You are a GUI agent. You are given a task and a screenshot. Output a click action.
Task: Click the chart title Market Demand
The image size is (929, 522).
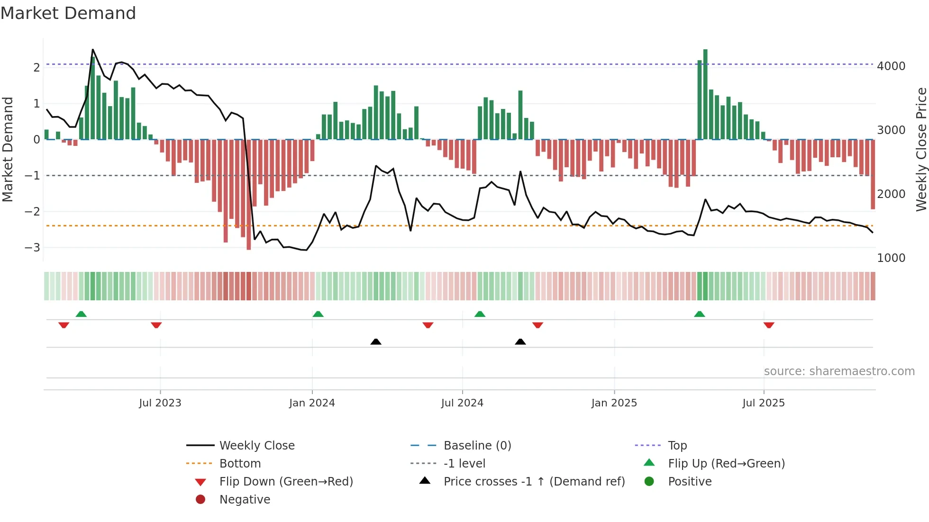click(x=68, y=13)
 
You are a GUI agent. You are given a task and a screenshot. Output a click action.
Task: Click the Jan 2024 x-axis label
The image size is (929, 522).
click(x=312, y=403)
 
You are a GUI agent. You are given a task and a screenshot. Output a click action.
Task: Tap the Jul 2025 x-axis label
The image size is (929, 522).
click(x=763, y=403)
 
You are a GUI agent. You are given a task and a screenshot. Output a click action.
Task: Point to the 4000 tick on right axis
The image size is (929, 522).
click(x=891, y=66)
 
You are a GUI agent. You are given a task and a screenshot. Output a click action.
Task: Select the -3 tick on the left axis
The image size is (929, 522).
click(x=33, y=248)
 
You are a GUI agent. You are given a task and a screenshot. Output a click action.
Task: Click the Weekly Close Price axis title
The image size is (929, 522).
click(x=920, y=149)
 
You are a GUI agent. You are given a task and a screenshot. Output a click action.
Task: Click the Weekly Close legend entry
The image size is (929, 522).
click(x=256, y=446)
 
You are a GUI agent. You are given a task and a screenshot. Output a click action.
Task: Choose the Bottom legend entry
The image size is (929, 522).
click(x=240, y=464)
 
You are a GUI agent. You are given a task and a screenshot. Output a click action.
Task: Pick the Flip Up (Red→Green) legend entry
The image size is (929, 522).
click(x=726, y=464)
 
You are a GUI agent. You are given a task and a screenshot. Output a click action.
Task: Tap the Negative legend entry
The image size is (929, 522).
click(x=245, y=500)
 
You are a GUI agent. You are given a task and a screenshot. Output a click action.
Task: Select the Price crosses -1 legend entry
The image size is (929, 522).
click(x=534, y=482)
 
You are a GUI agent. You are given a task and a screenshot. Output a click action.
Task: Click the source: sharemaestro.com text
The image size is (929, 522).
click(x=839, y=371)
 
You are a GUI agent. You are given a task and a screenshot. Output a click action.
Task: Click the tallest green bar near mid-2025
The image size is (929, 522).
click(x=705, y=95)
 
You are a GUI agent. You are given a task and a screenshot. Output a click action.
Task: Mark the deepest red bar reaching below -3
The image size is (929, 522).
click(x=248, y=194)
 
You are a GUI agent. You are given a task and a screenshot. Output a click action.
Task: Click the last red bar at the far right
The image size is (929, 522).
click(x=873, y=174)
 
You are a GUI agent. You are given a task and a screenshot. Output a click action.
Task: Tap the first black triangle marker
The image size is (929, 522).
click(x=376, y=342)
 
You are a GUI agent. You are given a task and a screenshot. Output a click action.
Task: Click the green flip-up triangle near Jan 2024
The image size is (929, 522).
click(x=318, y=314)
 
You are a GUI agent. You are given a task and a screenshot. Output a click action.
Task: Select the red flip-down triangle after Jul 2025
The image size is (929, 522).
click(x=769, y=325)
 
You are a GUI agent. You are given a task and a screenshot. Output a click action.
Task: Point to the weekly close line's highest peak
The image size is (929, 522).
click(x=92, y=50)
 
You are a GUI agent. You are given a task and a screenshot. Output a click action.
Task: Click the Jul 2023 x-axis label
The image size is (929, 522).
click(x=160, y=403)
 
